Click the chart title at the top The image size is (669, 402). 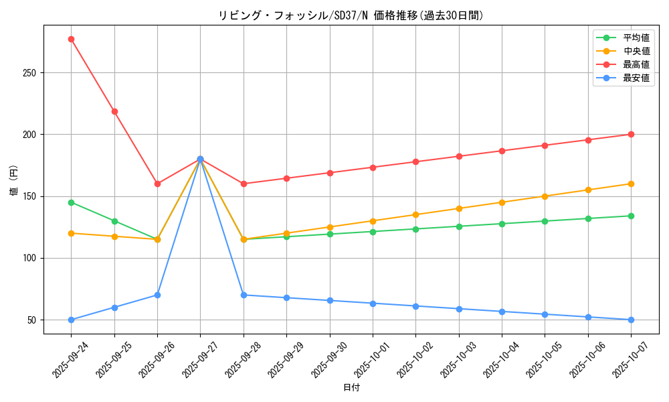coord(351,15)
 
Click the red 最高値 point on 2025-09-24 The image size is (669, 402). coord(71,39)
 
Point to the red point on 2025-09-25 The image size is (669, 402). coord(114,111)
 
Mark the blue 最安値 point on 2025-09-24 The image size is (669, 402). coord(71,320)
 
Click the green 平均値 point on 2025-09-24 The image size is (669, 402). coord(71,202)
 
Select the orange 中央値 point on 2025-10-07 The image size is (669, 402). coord(631,184)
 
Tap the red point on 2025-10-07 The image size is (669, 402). coord(631,134)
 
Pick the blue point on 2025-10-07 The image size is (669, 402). coord(631,320)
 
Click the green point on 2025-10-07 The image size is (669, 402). coord(631,216)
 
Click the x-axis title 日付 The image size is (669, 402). coord(351,388)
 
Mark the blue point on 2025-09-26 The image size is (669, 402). coord(157,295)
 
